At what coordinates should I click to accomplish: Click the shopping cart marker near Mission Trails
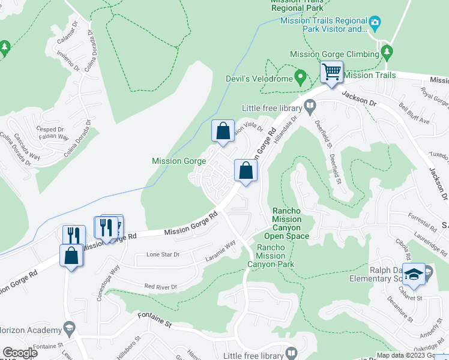click(x=331, y=73)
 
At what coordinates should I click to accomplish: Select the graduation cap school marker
click(x=414, y=274)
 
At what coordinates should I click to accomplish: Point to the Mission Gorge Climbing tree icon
click(x=387, y=53)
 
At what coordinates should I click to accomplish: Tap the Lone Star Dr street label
click(x=163, y=255)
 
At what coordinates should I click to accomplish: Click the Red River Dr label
click(x=161, y=287)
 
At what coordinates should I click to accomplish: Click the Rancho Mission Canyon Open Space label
click(x=291, y=223)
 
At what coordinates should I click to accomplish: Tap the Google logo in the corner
click(x=20, y=352)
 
